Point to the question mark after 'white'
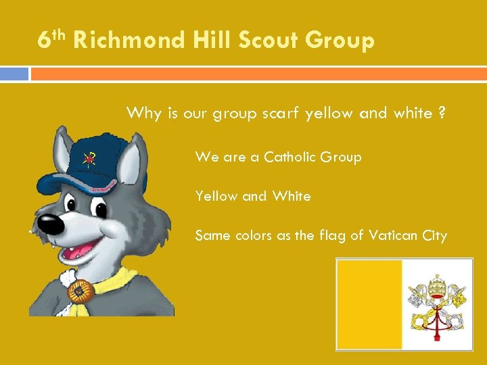coord(442,113)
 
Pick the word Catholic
coord(292,157)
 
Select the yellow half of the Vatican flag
coord(369,304)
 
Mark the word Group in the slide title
coord(340,41)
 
